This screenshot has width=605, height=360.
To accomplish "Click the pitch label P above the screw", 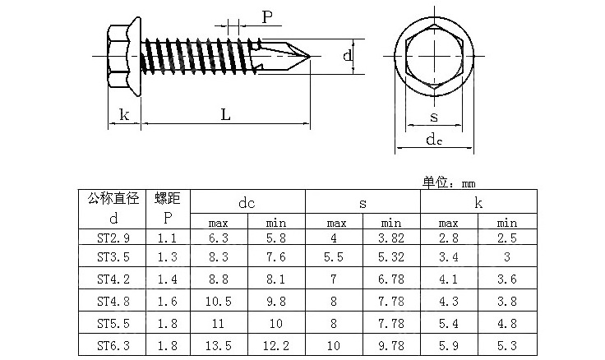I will pyautogui.click(x=266, y=17).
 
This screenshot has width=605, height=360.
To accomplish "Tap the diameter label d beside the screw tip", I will pyautogui.click(x=348, y=56).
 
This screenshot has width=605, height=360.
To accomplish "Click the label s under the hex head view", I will pyautogui.click(x=433, y=116).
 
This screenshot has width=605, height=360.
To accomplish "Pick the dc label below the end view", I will pyautogui.click(x=434, y=140).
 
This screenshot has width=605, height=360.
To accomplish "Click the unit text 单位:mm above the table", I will pyautogui.click(x=450, y=182).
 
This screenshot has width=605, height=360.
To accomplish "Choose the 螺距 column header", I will pyautogui.click(x=168, y=198).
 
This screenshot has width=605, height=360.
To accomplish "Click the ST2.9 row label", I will pyautogui.click(x=113, y=238).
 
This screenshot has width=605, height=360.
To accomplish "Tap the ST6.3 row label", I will pyautogui.click(x=113, y=347).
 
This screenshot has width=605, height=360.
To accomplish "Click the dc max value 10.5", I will pyautogui.click(x=218, y=302).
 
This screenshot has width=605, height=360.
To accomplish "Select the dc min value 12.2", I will pyautogui.click(x=276, y=347).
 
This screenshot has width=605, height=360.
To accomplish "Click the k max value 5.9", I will pyautogui.click(x=449, y=347).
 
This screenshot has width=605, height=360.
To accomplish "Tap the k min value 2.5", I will pyautogui.click(x=507, y=238).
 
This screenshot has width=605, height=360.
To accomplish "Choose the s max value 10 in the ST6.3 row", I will pyautogui.click(x=334, y=347).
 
